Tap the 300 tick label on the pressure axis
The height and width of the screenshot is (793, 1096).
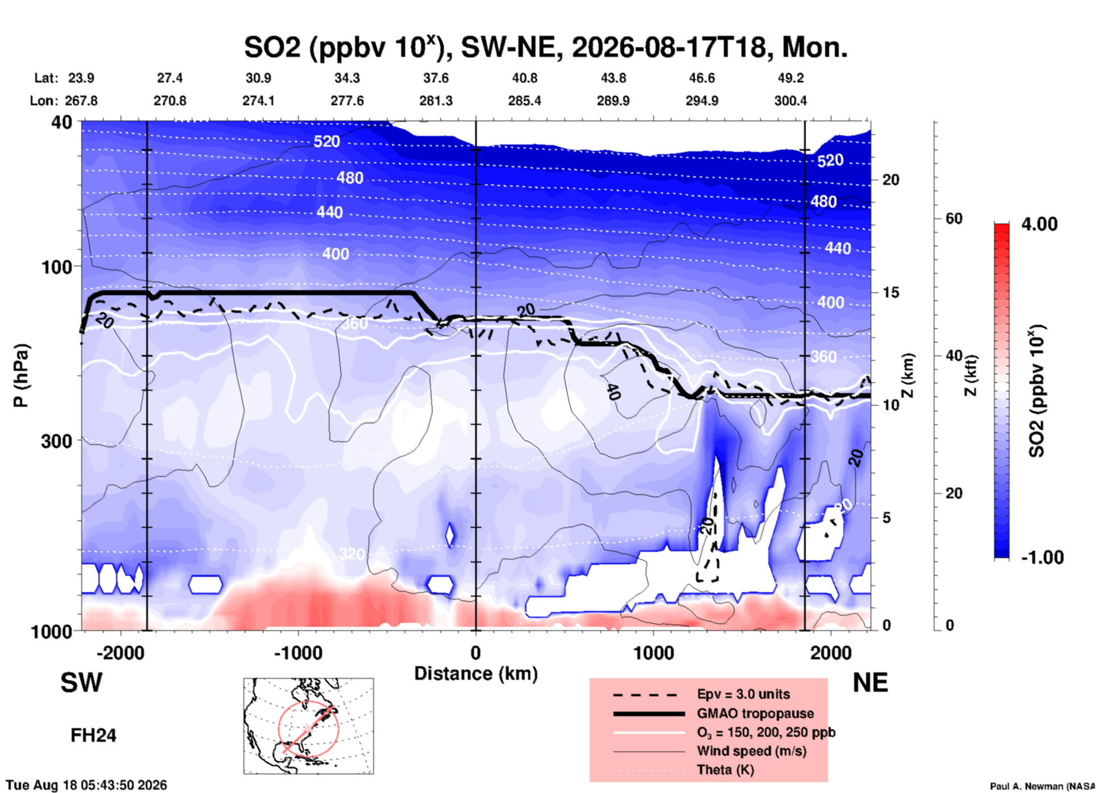click(x=57, y=441)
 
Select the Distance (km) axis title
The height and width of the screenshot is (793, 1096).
click(x=476, y=674)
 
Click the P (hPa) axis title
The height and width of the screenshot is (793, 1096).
click(x=20, y=375)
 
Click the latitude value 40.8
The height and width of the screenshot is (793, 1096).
click(x=525, y=78)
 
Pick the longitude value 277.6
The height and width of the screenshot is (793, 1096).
click(x=347, y=101)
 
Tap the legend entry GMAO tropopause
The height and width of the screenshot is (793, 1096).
click(x=755, y=713)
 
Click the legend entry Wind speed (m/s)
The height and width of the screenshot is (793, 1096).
click(x=751, y=751)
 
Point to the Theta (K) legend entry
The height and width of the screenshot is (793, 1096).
click(x=725, y=770)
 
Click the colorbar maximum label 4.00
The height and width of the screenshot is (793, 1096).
click(x=1039, y=224)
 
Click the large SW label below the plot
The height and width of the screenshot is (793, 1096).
click(x=81, y=683)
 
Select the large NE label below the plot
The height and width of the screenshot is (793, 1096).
click(x=870, y=683)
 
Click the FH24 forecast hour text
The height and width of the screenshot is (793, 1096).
click(x=93, y=736)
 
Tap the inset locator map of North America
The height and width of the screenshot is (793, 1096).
click(x=308, y=726)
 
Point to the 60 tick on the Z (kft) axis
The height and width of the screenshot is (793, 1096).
click(x=954, y=219)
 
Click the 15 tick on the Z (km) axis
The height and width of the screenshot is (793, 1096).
click(x=891, y=292)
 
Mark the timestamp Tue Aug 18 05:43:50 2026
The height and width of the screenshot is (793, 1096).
click(x=86, y=785)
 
